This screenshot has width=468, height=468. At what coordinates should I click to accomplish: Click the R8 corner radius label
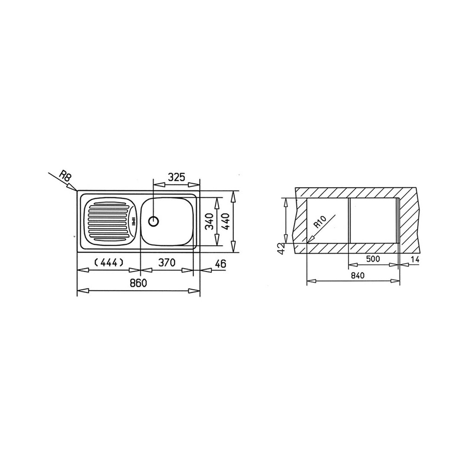click(x=65, y=176)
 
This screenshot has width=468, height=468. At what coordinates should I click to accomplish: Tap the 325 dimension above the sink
click(x=176, y=177)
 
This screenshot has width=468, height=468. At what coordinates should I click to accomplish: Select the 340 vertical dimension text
click(x=210, y=221)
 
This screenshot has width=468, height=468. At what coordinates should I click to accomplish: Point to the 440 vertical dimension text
click(x=225, y=221)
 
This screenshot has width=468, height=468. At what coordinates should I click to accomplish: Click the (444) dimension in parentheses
click(x=109, y=262)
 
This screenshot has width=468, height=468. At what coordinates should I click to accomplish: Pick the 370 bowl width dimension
click(x=166, y=263)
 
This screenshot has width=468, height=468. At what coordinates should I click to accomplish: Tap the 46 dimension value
click(x=220, y=263)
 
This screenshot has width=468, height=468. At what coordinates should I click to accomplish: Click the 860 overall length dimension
click(x=139, y=283)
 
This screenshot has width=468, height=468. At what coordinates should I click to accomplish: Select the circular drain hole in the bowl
click(x=153, y=221)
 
